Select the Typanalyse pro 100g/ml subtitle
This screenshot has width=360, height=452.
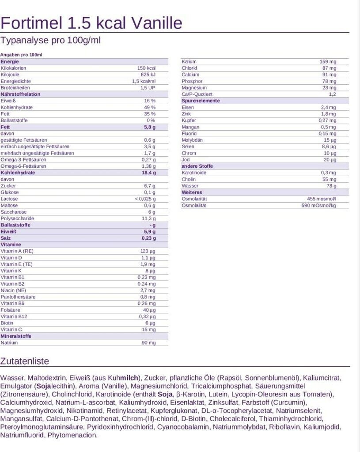51,41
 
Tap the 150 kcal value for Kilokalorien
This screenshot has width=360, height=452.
146,68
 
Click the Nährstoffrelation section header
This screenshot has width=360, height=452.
20,94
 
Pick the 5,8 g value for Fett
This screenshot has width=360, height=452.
150,127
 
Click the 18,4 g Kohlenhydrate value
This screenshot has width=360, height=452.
148,173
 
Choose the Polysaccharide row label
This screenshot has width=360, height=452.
17,218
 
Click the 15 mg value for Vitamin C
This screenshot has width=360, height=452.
148,329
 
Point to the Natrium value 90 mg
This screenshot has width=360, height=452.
148,343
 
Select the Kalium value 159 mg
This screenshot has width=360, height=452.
328,61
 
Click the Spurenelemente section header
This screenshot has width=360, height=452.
201,101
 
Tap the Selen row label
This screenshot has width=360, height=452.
188,147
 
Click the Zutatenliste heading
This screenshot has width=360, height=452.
25,361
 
